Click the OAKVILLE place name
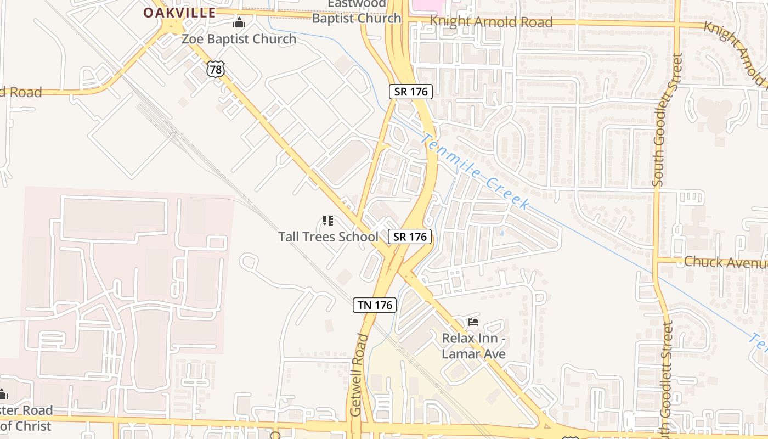179,13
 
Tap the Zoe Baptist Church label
239,39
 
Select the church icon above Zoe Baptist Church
239,23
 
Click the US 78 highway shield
216,69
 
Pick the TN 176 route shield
375,305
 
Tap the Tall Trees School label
328,237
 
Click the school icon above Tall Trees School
328,221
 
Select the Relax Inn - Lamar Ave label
473,346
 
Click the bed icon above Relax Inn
473,322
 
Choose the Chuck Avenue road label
725,262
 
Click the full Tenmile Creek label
475,171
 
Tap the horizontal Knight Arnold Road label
491,22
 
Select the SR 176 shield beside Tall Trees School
410,237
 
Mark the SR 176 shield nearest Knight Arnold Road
411,92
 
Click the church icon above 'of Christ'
3,394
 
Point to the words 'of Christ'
26,426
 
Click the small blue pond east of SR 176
502,233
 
